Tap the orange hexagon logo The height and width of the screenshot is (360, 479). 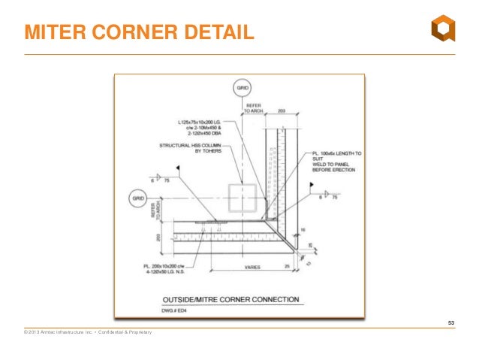pyautogui.click(x=442, y=31)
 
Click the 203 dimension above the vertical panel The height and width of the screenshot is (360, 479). pyautogui.click(x=281, y=110)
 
